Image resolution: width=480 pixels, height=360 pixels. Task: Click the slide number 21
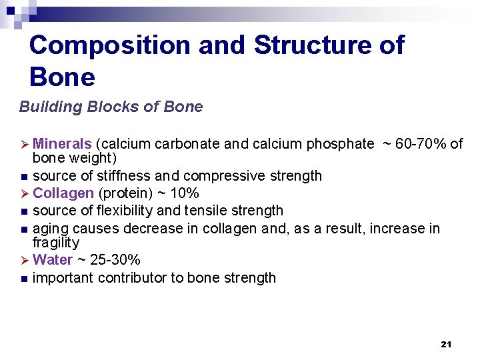447,344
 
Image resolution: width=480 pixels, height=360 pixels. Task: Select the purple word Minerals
62,143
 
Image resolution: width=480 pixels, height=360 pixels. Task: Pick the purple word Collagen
63,193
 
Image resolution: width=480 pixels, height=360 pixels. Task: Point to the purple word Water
53,259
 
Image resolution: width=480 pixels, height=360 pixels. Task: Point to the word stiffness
123,176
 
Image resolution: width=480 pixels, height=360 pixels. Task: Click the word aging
49,229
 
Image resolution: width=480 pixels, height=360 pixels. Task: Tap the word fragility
56,243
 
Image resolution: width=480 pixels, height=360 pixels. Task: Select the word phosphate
341,143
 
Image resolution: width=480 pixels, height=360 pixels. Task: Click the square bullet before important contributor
24,279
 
